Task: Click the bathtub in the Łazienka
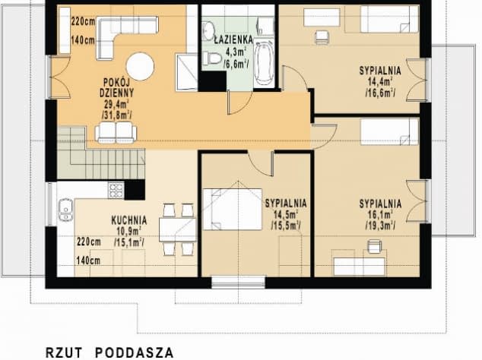tap(265, 63)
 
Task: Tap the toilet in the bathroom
tap(212, 58)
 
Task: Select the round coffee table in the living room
tap(140, 66)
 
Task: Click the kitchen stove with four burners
tap(116, 190)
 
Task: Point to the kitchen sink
tap(65, 210)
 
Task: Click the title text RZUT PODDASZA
tap(109, 352)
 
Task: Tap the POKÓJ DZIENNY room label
tap(116, 87)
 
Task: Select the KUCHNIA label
tap(129, 220)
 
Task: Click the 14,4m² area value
tap(380, 82)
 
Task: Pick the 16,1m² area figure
tap(380, 215)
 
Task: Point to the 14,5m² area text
tap(286, 214)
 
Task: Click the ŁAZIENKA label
tap(233, 39)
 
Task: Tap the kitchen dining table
tap(178, 229)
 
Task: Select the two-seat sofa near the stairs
tap(116, 132)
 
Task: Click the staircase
tap(101, 153)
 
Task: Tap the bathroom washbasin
tap(209, 30)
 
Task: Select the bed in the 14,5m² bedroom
tap(233, 209)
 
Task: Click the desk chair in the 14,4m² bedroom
tap(322, 36)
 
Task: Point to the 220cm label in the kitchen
tap(89, 242)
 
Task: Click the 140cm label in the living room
tap(83, 40)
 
